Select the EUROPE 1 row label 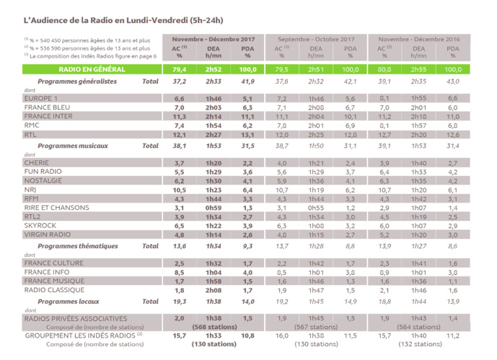click(x=41, y=97)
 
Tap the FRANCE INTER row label click(x=48, y=115)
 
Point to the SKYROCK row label click(x=41, y=225)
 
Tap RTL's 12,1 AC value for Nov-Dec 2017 click(x=180, y=134)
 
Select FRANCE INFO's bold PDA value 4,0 click(x=247, y=272)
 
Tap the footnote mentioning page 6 click(x=81, y=56)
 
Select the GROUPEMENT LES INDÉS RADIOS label click(x=79, y=335)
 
